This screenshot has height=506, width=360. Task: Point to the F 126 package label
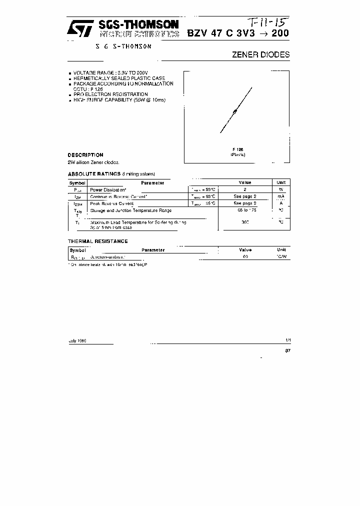[237, 149]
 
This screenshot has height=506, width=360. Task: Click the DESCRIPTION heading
[85, 155]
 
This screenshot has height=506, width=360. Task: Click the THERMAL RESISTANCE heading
[98, 241]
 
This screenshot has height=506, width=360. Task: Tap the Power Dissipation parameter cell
[107, 190]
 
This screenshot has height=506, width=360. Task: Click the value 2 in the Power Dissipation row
[244, 190]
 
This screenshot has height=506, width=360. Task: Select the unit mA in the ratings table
[280, 196]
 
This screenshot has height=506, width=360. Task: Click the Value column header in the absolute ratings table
[244, 183]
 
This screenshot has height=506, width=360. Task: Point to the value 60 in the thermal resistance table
[245, 256]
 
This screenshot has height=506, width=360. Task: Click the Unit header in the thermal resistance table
[281, 249]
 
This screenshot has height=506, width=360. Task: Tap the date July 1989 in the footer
[77, 340]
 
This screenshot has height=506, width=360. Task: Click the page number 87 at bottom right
[287, 350]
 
